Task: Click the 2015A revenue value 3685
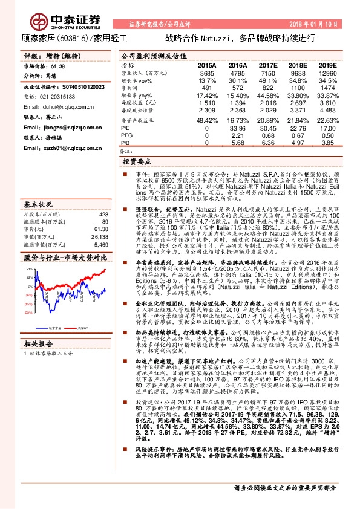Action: click(x=207, y=73)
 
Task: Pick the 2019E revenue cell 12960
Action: click(x=327, y=73)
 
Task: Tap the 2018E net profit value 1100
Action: click(x=299, y=88)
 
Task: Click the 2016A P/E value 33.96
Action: click(x=238, y=128)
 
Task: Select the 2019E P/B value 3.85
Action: click(x=327, y=143)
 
